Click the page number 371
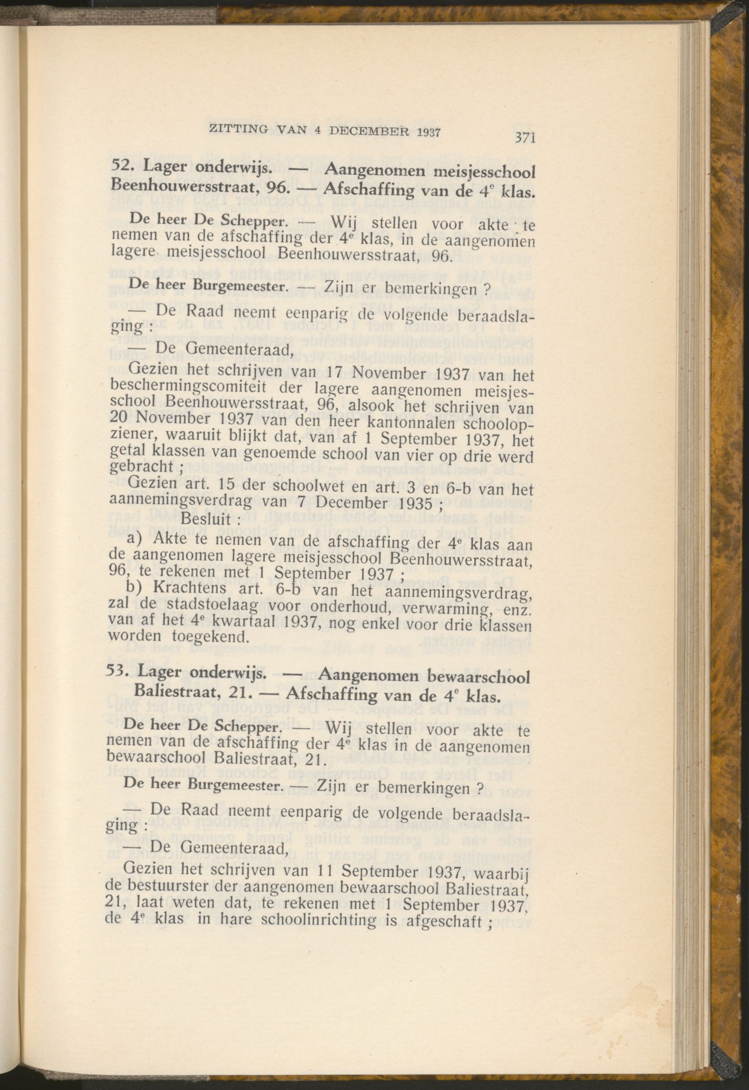click(525, 138)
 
